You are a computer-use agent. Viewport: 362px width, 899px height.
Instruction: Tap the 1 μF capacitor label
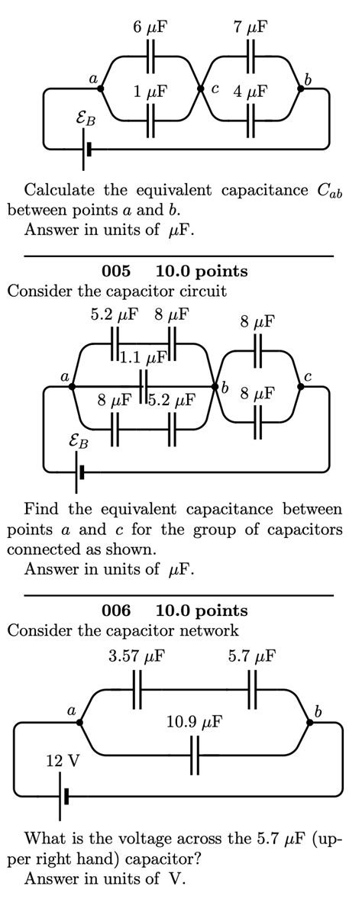tap(150, 92)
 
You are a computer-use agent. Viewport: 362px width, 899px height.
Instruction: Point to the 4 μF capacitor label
tap(250, 92)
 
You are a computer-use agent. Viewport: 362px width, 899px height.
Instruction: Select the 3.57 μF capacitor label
tap(138, 656)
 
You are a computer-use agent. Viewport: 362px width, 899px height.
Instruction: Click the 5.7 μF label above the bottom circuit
tap(252, 656)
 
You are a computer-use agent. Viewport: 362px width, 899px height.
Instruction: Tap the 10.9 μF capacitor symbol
tap(196, 756)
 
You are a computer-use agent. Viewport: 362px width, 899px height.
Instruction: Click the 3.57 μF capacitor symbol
tap(138, 691)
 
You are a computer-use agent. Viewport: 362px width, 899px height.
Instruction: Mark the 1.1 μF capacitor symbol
tap(143, 381)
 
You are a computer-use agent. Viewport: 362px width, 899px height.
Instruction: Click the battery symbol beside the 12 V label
tap(63, 796)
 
